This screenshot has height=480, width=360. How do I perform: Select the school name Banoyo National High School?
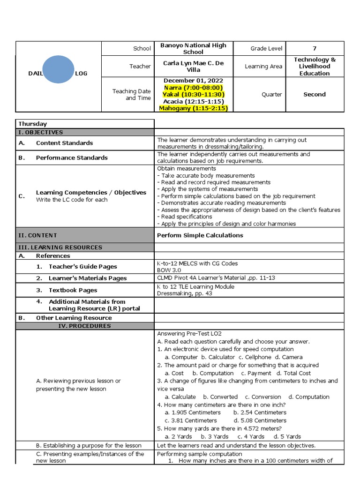193,49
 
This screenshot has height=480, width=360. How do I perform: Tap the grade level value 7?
315,48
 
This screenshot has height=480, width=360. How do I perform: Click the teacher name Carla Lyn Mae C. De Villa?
193,66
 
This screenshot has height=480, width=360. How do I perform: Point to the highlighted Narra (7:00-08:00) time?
193,88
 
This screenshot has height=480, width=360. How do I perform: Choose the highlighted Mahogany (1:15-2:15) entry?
193,108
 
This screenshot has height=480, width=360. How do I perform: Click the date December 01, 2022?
193,81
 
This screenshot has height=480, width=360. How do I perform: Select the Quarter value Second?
315,94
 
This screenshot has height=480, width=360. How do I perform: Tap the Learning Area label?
263,67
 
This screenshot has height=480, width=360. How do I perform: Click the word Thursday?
32,124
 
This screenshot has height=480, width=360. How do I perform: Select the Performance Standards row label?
72,157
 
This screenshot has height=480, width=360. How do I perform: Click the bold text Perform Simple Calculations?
200,235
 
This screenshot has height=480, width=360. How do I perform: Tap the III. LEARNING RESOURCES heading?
60,247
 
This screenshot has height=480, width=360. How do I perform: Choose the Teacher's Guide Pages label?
83,267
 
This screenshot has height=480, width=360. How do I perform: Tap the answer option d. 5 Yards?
287,436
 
